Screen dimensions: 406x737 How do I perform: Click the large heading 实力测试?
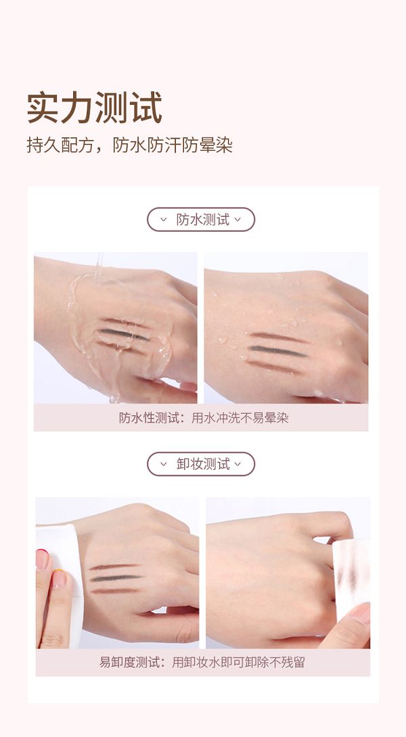tap(94, 108)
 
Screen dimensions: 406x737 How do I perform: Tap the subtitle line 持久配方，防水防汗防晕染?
tap(129, 145)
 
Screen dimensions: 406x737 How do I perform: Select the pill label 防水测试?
tap(201, 220)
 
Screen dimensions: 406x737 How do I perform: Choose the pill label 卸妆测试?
tap(201, 464)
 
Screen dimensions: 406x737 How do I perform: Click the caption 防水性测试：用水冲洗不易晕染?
tap(203, 418)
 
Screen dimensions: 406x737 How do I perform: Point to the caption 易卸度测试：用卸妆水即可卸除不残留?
tap(202, 662)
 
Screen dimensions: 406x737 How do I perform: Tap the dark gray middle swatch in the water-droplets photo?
tap(277, 351)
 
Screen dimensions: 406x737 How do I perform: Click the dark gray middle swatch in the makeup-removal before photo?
tap(115, 577)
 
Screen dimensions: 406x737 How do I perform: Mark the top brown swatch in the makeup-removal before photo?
tap(114, 567)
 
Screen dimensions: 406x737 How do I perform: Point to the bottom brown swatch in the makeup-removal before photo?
tap(114, 590)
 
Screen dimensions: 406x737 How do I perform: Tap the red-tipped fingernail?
tap(43, 559)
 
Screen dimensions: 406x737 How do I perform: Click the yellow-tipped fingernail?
tap(60, 578)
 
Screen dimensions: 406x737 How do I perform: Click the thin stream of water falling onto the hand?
tap(99, 266)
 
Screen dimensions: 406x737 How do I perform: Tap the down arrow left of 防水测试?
tap(164, 220)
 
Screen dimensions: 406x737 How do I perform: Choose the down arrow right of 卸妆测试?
tap(238, 464)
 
